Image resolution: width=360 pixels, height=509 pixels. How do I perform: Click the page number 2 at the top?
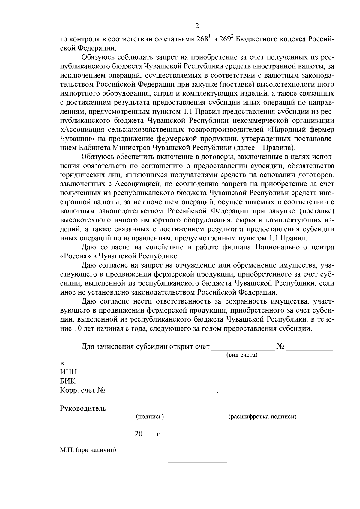(x=197, y=26)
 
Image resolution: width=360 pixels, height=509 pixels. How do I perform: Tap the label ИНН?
(x=69, y=372)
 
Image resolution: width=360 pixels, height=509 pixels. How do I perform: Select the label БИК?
(x=68, y=381)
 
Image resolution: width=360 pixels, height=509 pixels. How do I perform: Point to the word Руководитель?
(x=83, y=408)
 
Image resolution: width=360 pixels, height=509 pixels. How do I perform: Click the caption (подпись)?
(x=150, y=417)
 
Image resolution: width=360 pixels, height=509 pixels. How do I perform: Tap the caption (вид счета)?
(x=242, y=355)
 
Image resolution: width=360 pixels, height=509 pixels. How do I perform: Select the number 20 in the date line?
(x=138, y=434)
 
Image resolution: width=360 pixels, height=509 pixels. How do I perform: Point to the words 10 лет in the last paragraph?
(x=83, y=328)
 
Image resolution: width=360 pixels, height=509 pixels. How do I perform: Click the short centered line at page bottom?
(x=197, y=462)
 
